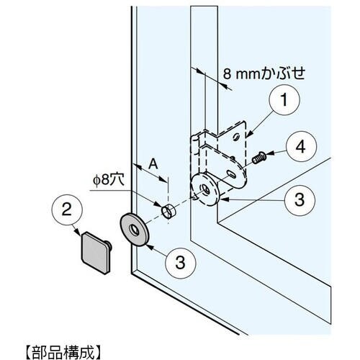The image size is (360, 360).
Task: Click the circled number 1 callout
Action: (x=284, y=100)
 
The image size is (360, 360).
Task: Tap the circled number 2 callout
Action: (x=67, y=210)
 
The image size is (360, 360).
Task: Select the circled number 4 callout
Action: (x=301, y=146)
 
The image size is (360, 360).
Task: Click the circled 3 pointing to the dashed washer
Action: (x=300, y=200)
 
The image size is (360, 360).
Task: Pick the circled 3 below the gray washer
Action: (x=181, y=263)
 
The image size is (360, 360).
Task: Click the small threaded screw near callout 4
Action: (x=259, y=158)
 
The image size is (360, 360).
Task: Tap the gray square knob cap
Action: (x=96, y=253)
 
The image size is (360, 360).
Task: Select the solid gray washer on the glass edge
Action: (x=134, y=230)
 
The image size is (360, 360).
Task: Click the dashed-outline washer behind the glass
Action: (x=204, y=189)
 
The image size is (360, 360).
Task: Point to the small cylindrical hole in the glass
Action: (x=168, y=211)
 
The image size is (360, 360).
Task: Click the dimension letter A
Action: (x=153, y=165)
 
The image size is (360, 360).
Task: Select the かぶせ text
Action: (x=283, y=73)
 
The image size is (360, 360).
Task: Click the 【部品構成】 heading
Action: (x=63, y=352)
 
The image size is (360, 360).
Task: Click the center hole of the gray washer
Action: (x=134, y=230)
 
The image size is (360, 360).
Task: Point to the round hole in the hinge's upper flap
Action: (x=236, y=137)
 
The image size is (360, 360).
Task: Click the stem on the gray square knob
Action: (x=109, y=246)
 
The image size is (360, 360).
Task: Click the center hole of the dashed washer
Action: (x=205, y=189)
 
